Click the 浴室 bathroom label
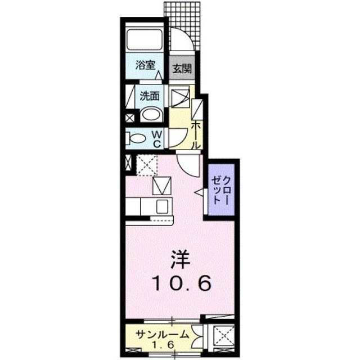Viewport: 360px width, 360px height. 145,64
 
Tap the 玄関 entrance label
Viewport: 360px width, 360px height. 182,69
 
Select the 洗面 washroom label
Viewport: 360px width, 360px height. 150,95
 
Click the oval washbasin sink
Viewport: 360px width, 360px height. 150,115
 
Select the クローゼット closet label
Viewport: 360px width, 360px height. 221,189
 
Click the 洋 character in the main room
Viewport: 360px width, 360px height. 181,260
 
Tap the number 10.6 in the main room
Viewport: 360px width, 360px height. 182,283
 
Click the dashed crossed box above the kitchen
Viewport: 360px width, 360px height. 148,165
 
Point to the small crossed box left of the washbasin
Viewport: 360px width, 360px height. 130,118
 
